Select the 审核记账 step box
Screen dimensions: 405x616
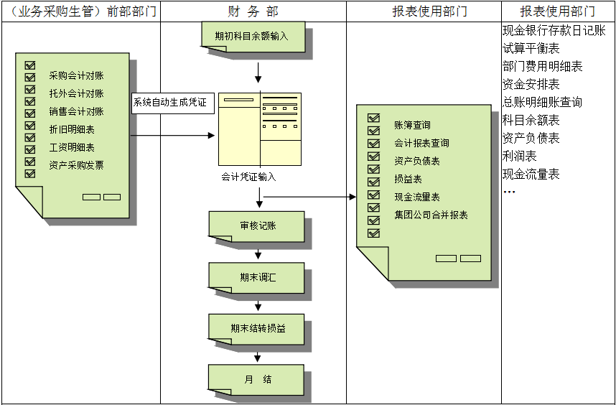pyautogui.click(x=256, y=225)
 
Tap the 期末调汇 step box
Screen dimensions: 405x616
pyautogui.click(x=256, y=276)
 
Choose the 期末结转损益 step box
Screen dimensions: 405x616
pyautogui.click(x=256, y=328)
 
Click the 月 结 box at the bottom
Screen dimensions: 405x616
pyautogui.click(x=256, y=379)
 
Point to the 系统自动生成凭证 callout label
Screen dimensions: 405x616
pyautogui.click(x=170, y=103)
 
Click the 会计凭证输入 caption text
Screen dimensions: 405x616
pyautogui.click(x=248, y=177)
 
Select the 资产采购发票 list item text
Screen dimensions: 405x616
pyautogui.click(x=76, y=165)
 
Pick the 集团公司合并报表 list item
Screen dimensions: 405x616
pyautogui.click(x=431, y=215)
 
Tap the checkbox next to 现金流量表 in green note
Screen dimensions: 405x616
pyautogui.click(x=373, y=195)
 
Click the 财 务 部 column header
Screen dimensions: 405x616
pyautogui.click(x=253, y=11)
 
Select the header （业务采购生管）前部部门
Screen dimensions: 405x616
pyautogui.click(x=80, y=11)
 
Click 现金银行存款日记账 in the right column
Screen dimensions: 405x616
pyautogui.click(x=554, y=31)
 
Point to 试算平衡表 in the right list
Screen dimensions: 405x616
pyautogui.click(x=531, y=49)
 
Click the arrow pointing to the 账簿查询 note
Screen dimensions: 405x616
pyautogui.click(x=309, y=196)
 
